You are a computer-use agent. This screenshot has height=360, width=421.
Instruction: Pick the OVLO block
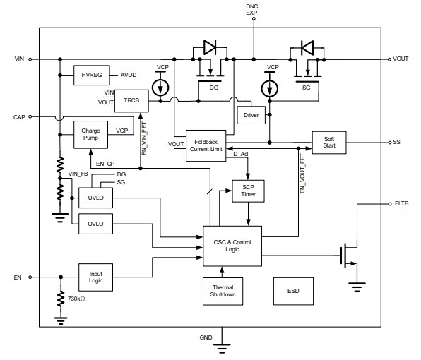pyautogui.click(x=95, y=224)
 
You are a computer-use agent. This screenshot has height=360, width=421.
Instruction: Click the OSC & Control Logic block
pyautogui.click(x=232, y=246)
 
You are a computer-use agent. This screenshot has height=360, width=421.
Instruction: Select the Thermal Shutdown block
pyautogui.click(x=223, y=290)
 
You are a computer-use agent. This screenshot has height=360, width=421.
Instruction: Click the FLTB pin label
pyautogui.click(x=401, y=203)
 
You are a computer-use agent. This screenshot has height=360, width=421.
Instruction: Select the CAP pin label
pyautogui.click(x=18, y=116)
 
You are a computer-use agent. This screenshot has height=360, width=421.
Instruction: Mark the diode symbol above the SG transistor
pyautogui.click(x=307, y=47)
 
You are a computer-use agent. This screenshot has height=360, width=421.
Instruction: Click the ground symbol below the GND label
pyautogui.click(x=223, y=347)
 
